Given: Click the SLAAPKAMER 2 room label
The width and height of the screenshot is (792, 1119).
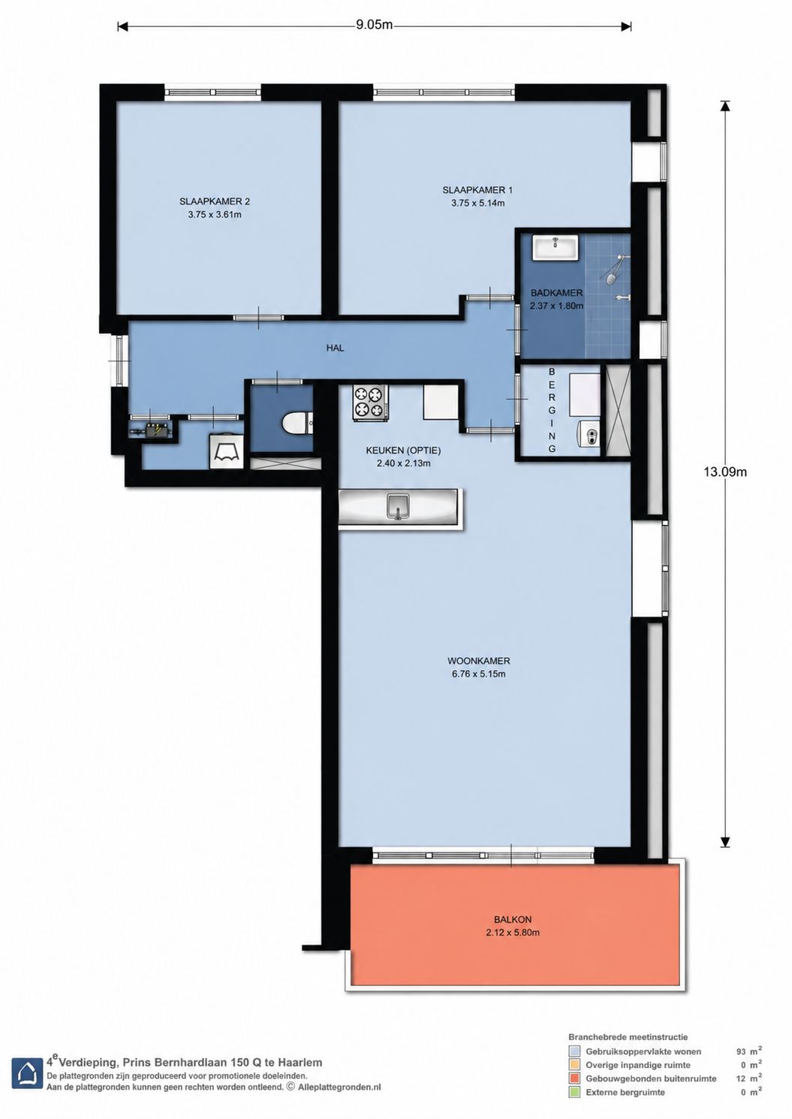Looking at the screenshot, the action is [215, 201].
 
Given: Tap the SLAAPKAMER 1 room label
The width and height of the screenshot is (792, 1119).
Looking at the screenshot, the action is [477, 190].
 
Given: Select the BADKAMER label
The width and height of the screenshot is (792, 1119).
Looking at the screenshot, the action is [556, 293].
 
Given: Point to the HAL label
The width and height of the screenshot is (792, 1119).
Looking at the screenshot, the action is [335, 348].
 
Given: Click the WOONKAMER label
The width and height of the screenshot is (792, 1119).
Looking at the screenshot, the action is [478, 660].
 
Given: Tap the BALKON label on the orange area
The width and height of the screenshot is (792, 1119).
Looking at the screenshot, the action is [512, 919].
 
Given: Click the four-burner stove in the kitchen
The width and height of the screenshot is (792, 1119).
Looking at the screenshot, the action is [370, 403].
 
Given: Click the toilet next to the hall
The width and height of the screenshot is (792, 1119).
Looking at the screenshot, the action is [297, 424].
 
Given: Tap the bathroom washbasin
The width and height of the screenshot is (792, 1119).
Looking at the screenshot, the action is [556, 247].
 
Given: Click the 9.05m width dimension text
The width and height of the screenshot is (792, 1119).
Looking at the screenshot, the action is [374, 25].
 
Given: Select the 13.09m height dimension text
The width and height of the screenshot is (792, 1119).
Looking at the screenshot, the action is [725, 472].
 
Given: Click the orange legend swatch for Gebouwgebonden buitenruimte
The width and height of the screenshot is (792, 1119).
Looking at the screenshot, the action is [575, 1078].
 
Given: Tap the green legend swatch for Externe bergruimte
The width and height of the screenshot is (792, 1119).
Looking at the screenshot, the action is [575, 1092].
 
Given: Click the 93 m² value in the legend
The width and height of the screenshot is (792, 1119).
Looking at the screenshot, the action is [748, 1051].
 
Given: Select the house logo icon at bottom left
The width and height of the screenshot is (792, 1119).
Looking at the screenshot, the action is [27, 1072].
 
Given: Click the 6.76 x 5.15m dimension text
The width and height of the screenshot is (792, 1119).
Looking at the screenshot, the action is [478, 674].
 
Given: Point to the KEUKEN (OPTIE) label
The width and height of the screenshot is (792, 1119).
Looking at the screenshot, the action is [403, 450].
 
